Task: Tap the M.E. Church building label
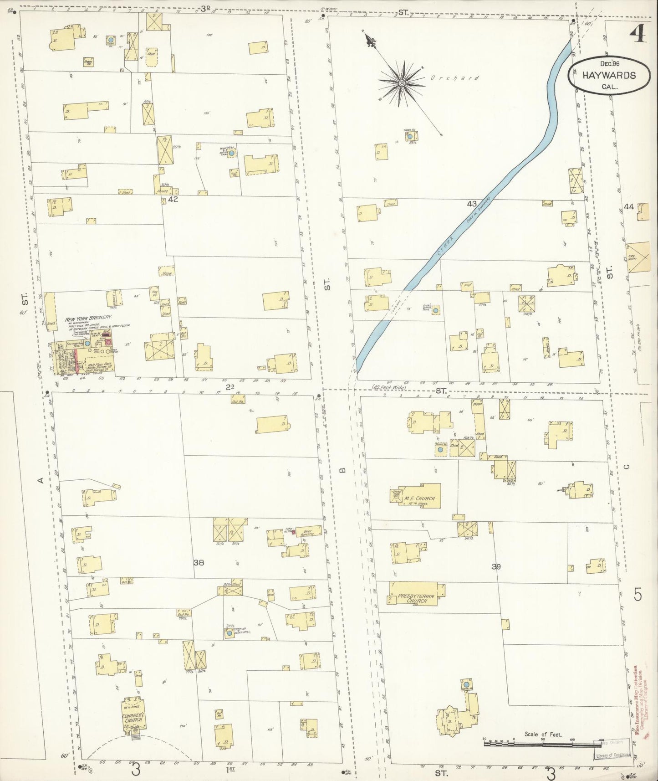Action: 419,498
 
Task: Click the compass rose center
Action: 402,83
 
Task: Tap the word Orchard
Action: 454,78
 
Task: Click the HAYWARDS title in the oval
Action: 609,76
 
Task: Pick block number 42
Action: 173,199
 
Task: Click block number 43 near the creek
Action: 471,204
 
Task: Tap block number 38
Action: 199,563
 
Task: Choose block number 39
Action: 496,567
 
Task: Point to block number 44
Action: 629,206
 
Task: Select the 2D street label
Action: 230,387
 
